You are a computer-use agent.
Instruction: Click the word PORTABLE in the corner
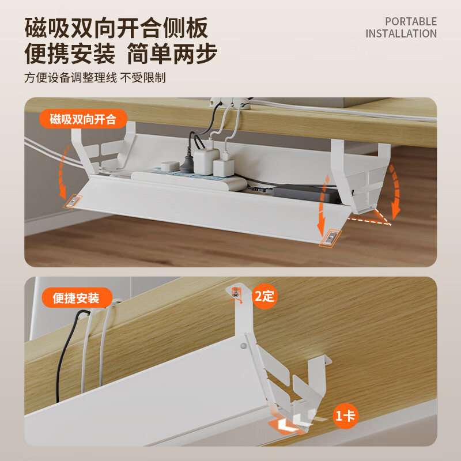[x=411, y=21]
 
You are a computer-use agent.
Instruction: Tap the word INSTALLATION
[x=401, y=33]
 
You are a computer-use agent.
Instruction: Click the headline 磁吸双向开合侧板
[x=116, y=28]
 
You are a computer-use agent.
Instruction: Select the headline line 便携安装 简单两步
[x=120, y=54]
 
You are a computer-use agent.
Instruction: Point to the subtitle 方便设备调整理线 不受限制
[x=95, y=78]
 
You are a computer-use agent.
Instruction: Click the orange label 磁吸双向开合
[x=82, y=119]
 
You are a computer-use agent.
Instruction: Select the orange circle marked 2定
[x=265, y=297]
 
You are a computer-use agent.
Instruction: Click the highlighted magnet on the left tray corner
[x=73, y=201]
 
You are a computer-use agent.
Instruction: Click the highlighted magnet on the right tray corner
[x=330, y=237]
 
